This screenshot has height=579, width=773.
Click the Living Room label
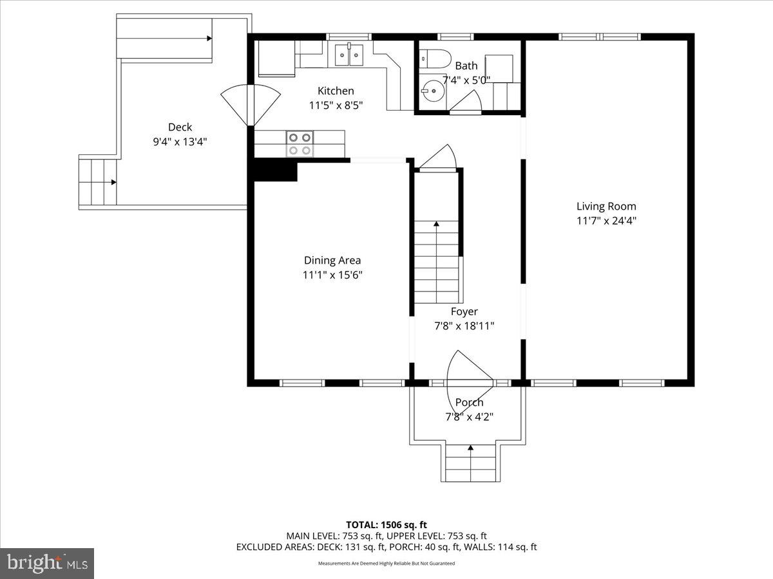coord(606,207)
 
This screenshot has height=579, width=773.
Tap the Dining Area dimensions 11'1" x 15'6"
coord(332,275)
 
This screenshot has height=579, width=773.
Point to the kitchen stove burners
coord(299,143)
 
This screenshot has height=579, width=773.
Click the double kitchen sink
coord(348,55)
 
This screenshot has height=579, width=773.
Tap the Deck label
coord(180,127)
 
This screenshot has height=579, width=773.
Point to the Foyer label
coord(464,312)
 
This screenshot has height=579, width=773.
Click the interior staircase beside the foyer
coord(437,261)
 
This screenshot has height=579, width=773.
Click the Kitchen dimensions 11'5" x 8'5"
coord(336,105)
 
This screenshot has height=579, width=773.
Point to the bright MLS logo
coord(47,564)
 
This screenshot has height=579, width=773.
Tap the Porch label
coord(469,403)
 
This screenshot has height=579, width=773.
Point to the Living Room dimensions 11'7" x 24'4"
coord(606,220)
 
